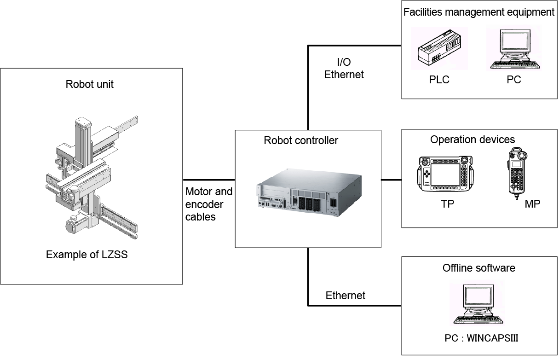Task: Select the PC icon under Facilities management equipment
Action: [x=513, y=48]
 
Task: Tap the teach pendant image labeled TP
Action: [x=446, y=175]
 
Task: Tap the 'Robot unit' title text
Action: [x=90, y=84]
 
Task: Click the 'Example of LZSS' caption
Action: [x=86, y=255]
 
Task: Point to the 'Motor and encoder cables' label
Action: [x=209, y=204]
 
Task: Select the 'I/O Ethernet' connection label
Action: [x=344, y=69]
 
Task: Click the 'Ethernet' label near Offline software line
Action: [x=345, y=296]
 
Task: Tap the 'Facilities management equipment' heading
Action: [x=479, y=12]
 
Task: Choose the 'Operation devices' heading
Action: [x=473, y=139]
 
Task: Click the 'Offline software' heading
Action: [x=479, y=268]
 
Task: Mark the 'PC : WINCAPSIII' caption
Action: [x=481, y=338]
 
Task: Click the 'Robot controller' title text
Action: [x=301, y=140]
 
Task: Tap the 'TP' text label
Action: [x=447, y=203]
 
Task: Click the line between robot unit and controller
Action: [x=209, y=180]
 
